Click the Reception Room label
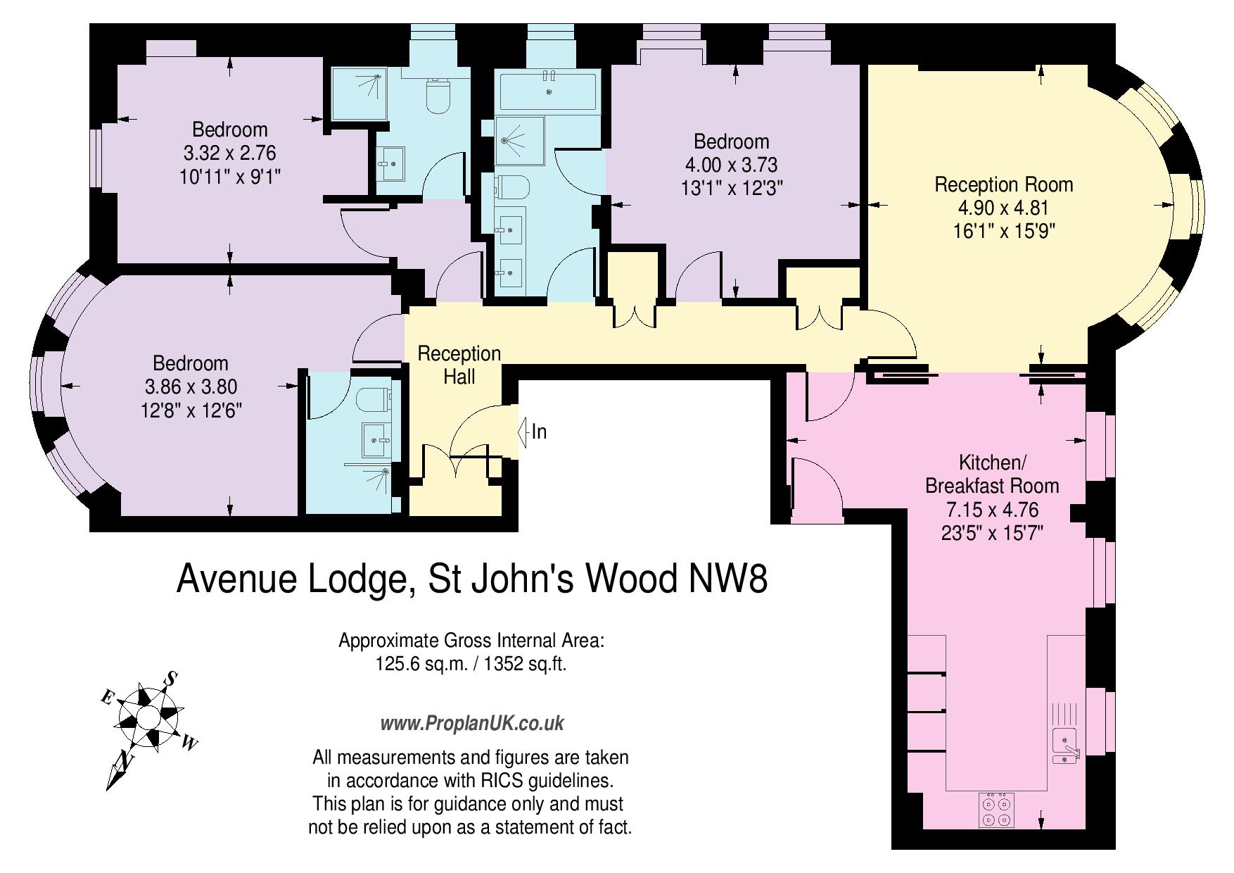coord(1003,184)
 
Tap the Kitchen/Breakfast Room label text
coord(992,475)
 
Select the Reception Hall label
coord(459,365)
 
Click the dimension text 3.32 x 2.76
coord(229,153)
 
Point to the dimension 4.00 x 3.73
coord(731,165)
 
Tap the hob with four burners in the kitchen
coord(996,810)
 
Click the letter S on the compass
coord(170,679)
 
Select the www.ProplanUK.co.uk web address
coord(472,723)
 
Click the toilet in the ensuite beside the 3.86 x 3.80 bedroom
coord(373,398)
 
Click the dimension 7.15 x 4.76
coord(993,510)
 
